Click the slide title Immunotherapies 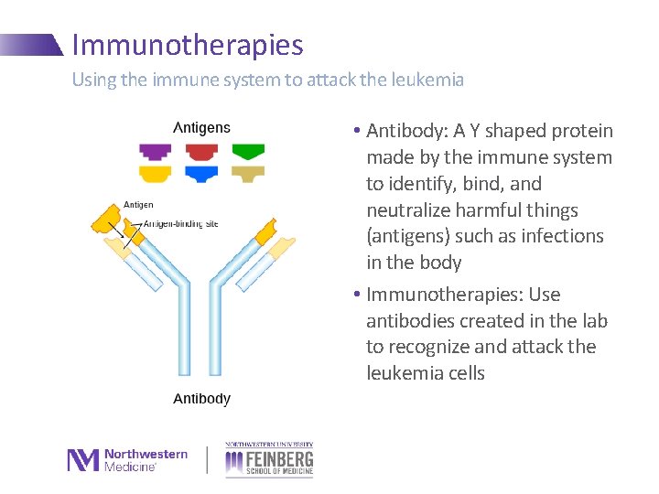(187, 45)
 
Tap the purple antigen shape (155, 151)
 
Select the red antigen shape (200, 151)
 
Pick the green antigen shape (247, 151)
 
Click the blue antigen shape (200, 173)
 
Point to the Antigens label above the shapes (201, 128)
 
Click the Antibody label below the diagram (201, 399)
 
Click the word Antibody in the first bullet (408, 132)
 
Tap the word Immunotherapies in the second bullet (441, 295)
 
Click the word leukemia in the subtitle (427, 80)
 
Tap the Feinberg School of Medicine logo (269, 459)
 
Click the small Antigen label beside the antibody (139, 205)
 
